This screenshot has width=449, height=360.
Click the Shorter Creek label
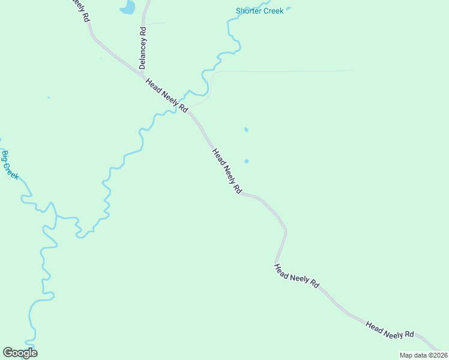click(259, 11)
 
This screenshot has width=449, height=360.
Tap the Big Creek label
click(10, 166)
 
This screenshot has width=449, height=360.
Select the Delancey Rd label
click(143, 47)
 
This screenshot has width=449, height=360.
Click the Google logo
click(20, 353)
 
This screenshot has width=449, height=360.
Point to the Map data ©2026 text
click(423, 355)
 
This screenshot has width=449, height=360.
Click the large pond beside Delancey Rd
click(128, 7)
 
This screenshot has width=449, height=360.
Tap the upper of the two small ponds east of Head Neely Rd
click(246, 130)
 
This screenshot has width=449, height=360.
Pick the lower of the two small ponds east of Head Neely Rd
click(247, 161)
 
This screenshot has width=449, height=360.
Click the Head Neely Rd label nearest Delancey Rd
click(167, 95)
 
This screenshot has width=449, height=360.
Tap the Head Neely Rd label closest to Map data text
click(390, 329)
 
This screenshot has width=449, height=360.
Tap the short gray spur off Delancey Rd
click(155, 24)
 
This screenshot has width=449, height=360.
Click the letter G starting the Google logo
click(8, 353)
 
